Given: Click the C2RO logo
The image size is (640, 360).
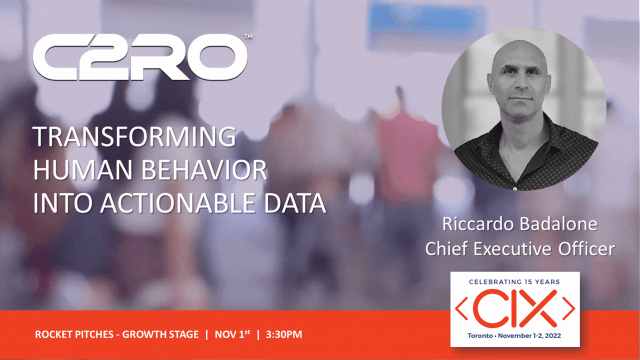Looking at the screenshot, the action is [140, 57].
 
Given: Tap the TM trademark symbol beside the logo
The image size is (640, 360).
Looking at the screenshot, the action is [248, 37].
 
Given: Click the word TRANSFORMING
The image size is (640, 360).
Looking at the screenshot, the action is [134, 136].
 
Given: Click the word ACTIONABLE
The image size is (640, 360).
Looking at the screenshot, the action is [177, 203].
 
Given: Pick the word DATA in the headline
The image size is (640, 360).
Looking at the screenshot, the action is [295, 203].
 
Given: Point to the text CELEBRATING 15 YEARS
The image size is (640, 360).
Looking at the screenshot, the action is [514, 282].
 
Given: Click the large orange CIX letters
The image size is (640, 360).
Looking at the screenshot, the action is [515, 308].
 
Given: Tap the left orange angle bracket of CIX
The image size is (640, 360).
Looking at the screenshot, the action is [461, 308].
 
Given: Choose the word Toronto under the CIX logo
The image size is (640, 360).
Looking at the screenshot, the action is [480, 335].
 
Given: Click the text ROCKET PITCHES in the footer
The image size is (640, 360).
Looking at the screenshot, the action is [74, 334].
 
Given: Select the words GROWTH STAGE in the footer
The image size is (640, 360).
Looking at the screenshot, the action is [160, 334].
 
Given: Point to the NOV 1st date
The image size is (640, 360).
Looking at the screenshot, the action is [232, 333].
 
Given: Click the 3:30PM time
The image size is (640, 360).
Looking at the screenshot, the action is [284, 334].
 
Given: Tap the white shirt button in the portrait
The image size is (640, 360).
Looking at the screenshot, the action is [514, 188].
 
